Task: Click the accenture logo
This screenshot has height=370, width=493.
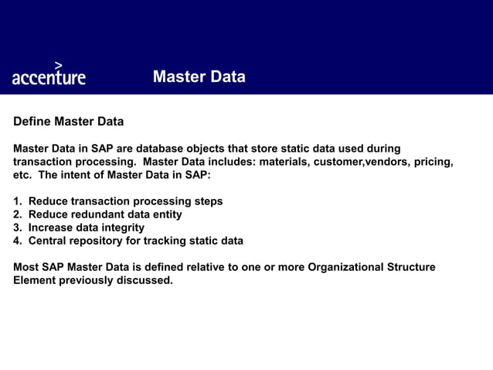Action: [x=49, y=75]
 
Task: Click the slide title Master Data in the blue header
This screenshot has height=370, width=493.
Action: [x=199, y=77]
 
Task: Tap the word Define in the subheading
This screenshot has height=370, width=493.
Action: [x=32, y=122]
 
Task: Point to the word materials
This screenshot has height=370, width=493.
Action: [x=286, y=162]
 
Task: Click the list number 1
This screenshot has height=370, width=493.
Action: [x=17, y=201]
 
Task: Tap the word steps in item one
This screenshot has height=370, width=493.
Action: [x=206, y=201]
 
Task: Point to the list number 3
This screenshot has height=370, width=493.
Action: [x=17, y=228]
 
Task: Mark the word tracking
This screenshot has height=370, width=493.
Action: [x=178, y=241]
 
